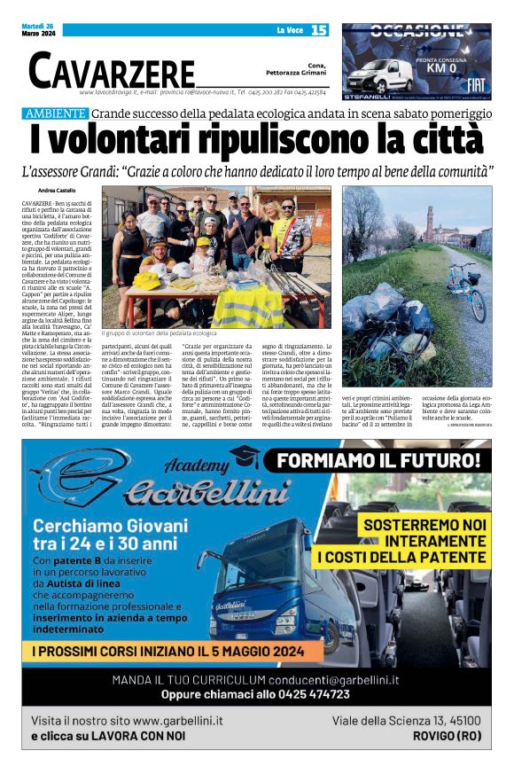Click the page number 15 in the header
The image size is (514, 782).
click(x=319, y=30)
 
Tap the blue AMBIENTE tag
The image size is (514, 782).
click(x=56, y=113)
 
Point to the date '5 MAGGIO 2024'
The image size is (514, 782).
click(x=253, y=652)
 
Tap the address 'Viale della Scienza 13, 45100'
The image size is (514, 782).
click(x=407, y=721)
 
